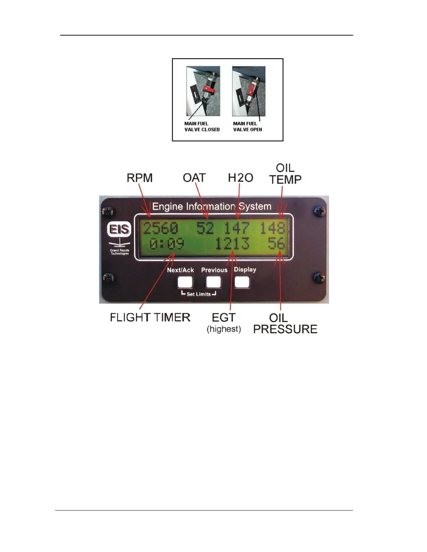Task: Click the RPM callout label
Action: pos(140,178)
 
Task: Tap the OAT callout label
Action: pos(194,178)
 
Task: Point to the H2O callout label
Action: pos(240,178)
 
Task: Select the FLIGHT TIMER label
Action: pos(150,317)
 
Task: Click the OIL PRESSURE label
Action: pos(285,323)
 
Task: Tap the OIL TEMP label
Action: pos(285,174)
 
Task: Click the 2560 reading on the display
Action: pos(161,229)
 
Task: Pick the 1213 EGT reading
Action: pos(232,244)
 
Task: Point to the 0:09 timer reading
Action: pos(167,244)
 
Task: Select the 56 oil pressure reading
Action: pos(276,244)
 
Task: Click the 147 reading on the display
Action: pos(237,229)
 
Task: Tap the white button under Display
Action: pos(242,282)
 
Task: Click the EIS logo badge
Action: pos(119,229)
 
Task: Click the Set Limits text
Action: pos(198,294)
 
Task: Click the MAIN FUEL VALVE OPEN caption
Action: pos(247,127)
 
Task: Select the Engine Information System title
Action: pos(212,206)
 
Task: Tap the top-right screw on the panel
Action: pos(320,211)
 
